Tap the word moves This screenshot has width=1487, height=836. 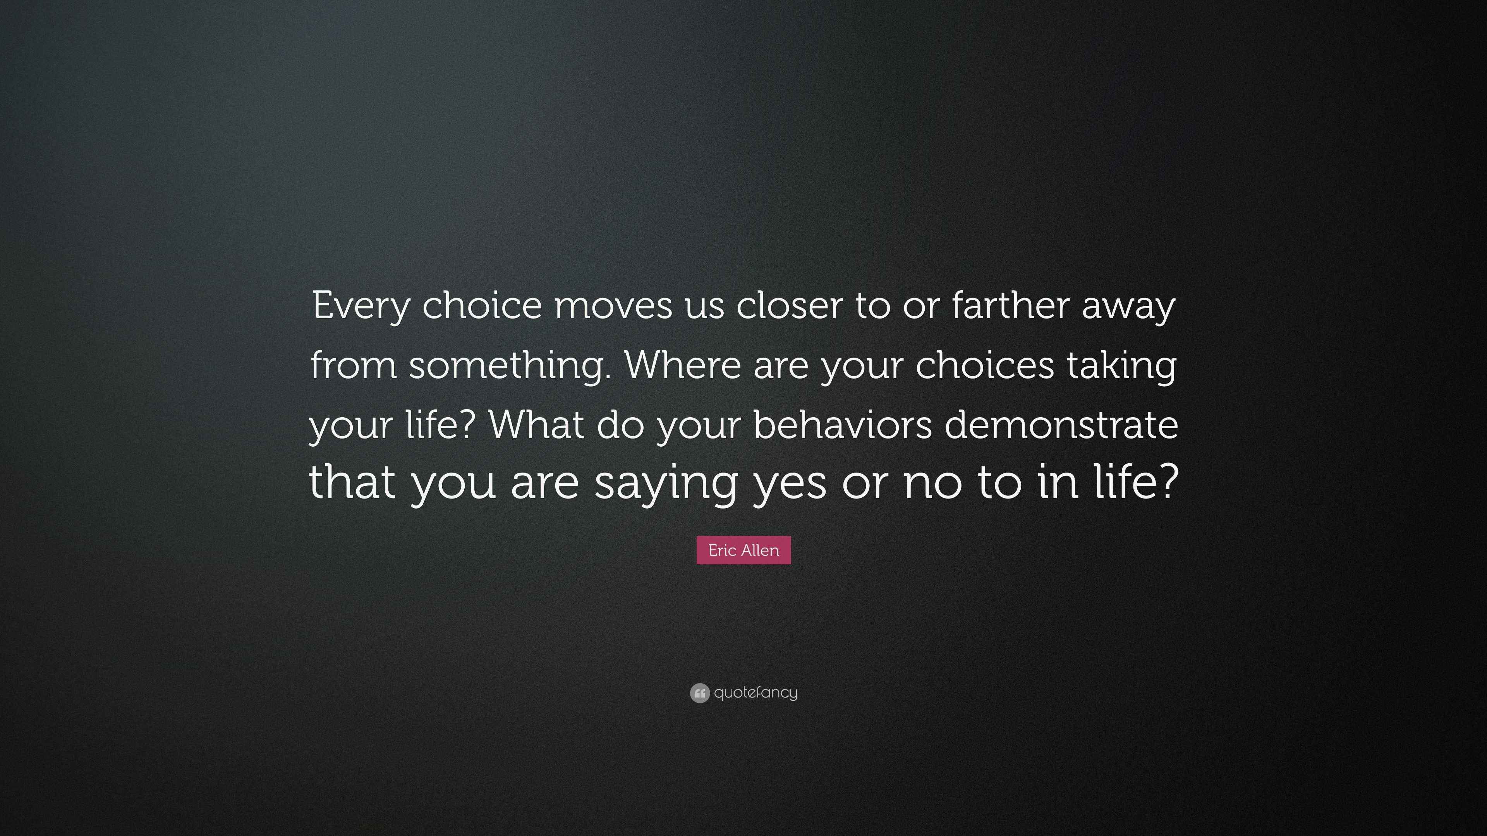[613, 306]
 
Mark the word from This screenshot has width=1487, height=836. [353, 366]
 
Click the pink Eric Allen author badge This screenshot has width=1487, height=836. [743, 550]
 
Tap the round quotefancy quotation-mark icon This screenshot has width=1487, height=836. [699, 693]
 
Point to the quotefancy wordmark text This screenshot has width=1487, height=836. [756, 693]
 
